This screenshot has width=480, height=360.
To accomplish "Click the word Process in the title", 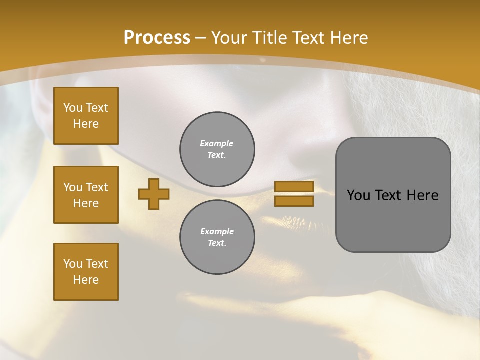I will click(x=157, y=38).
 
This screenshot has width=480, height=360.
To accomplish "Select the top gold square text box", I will click(x=86, y=116).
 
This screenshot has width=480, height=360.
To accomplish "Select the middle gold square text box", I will click(x=86, y=195).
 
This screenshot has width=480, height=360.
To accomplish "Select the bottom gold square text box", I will click(x=86, y=272).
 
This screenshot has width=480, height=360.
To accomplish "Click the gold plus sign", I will click(x=154, y=194).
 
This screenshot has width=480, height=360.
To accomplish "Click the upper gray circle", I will click(x=217, y=149).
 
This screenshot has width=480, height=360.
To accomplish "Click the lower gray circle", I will click(x=217, y=237).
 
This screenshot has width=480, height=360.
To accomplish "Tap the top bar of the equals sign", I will click(x=294, y=187).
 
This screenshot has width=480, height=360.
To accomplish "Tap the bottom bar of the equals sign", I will click(x=294, y=201).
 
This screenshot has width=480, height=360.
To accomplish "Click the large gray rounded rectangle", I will click(x=393, y=220).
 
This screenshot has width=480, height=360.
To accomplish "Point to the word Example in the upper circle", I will click(x=217, y=143).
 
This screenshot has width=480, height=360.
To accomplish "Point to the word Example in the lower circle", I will click(x=217, y=231).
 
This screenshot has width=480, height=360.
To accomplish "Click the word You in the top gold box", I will click(x=72, y=108).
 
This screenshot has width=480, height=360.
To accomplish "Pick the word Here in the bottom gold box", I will click(x=86, y=280).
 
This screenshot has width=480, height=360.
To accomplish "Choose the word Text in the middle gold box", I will click(x=97, y=187).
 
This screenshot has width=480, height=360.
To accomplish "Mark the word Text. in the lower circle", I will click(x=217, y=243).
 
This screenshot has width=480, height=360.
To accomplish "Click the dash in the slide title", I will click(x=201, y=38).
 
